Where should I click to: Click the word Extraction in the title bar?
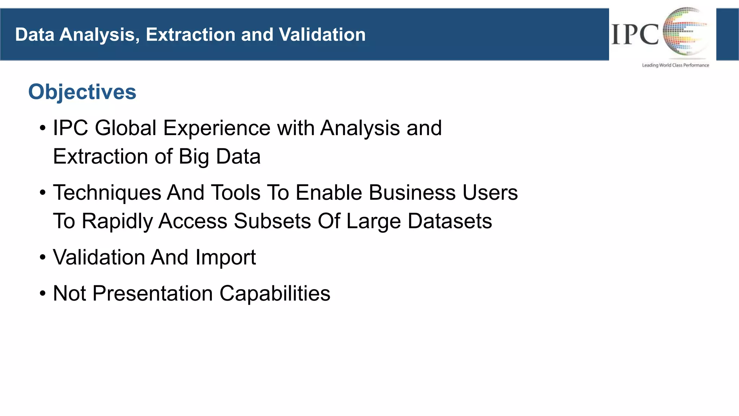pyautogui.click(x=191, y=35)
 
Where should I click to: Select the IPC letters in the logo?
pyautogui.click(x=635, y=35)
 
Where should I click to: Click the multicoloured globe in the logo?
pyautogui.click(x=684, y=32)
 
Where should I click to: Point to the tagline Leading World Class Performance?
pyautogui.click(x=675, y=65)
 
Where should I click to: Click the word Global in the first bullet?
pyautogui.click(x=126, y=128)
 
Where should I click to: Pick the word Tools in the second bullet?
pyautogui.click(x=235, y=192)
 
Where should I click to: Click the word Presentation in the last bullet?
pyautogui.click(x=153, y=293)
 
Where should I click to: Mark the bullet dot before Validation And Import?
pyautogui.click(x=43, y=258)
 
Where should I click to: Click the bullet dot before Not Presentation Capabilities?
pyautogui.click(x=43, y=294)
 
